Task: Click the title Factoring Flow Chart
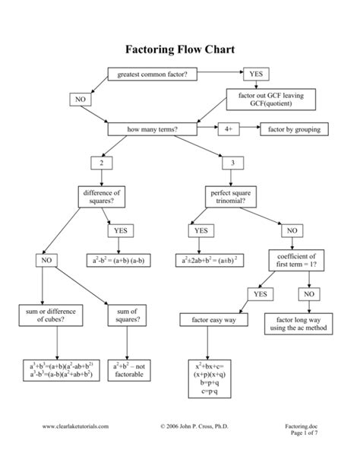coord(180,51)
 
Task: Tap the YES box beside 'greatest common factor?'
coord(255,74)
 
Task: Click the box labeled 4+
coord(228,130)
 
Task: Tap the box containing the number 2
coord(100,163)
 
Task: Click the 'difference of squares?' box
coord(100,198)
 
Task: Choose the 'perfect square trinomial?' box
coord(229,198)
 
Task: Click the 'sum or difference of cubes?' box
coord(43,315)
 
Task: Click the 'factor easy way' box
coord(210,321)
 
